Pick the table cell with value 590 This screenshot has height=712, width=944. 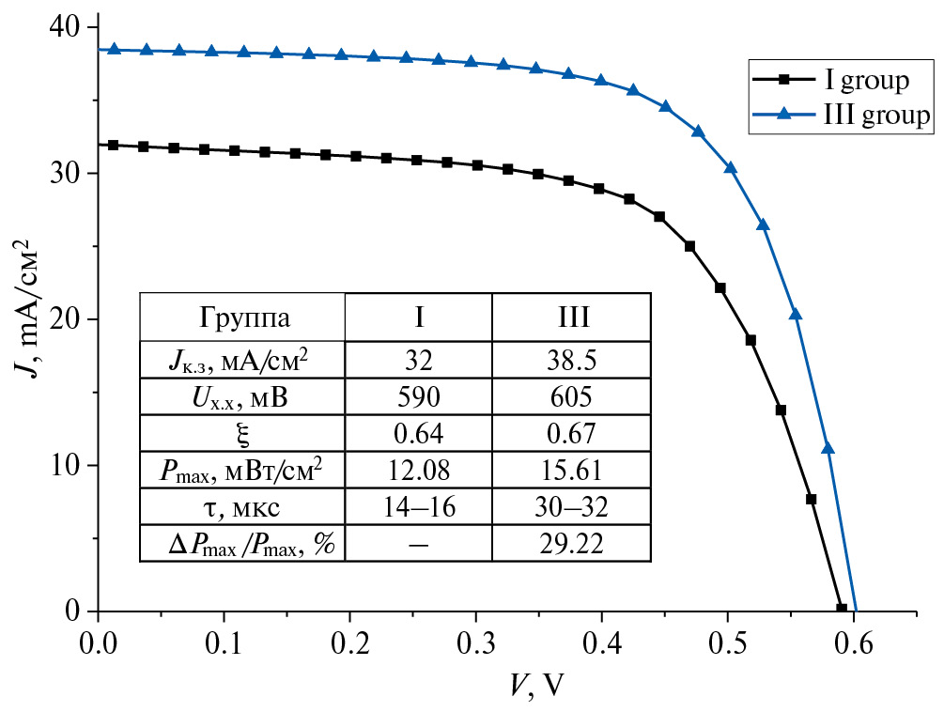click(419, 397)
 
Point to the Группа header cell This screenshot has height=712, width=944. click(243, 316)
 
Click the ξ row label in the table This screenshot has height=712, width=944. click(243, 434)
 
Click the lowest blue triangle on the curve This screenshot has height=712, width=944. click(828, 448)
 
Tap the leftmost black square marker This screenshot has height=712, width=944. click(114, 145)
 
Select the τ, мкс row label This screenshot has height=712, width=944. click(243, 508)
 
